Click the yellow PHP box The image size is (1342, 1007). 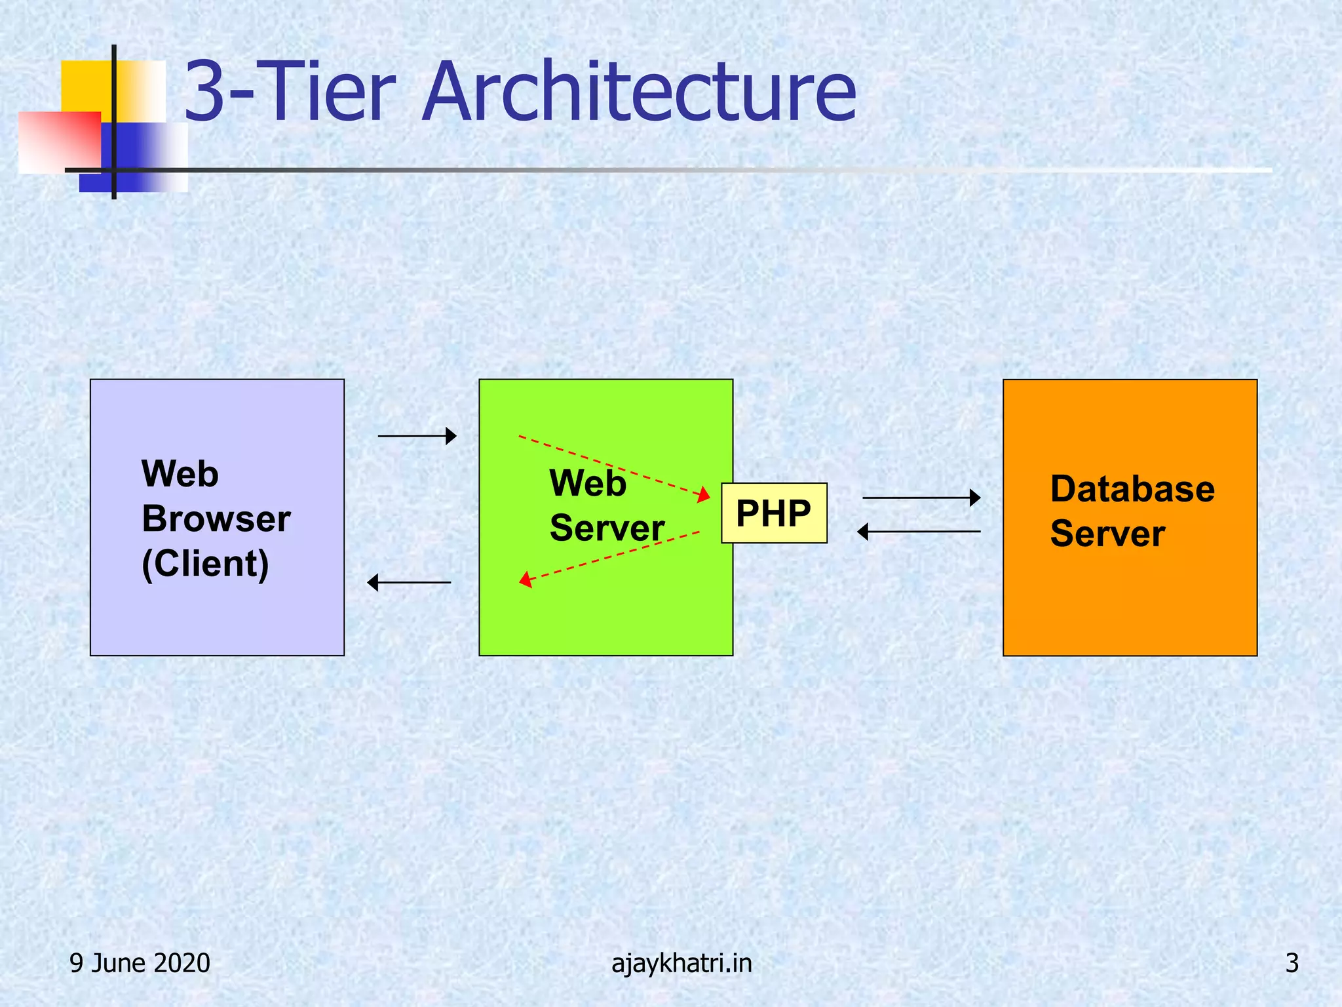(774, 513)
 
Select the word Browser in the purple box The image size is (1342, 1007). (216, 519)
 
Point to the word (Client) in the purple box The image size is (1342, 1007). (205, 563)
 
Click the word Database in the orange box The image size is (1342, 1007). (1132, 489)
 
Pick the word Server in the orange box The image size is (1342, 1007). (1107, 533)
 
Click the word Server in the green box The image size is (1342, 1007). (607, 528)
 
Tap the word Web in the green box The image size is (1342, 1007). (587, 483)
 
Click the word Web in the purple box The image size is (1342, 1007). (180, 473)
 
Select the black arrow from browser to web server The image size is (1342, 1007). (417, 436)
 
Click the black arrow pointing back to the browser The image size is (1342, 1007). (409, 582)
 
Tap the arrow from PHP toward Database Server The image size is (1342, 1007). (921, 498)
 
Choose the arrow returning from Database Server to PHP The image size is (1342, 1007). (919, 531)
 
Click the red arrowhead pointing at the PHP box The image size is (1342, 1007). (704, 494)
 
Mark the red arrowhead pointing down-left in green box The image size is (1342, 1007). (526, 580)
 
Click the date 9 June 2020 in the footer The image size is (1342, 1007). (140, 963)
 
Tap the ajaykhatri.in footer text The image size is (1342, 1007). (681, 963)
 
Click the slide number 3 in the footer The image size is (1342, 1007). (1292, 963)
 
